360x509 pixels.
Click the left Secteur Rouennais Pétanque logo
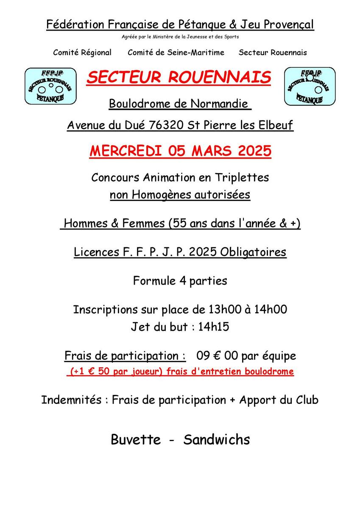50,86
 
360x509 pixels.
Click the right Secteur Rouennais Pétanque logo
309,86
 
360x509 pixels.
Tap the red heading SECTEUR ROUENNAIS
179,77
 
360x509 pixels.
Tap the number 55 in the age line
176,223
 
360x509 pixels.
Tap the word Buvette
136,439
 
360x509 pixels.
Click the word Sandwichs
217,439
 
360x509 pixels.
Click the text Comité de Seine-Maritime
176,53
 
